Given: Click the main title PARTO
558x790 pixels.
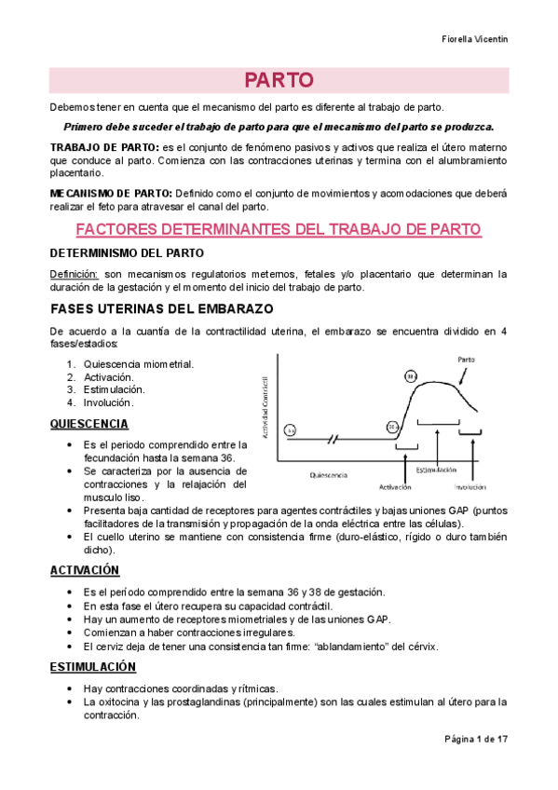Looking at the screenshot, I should click(279, 79).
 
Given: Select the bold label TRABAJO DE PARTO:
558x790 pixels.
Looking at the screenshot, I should click(103, 147).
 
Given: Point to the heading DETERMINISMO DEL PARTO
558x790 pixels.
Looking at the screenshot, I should click(126, 252).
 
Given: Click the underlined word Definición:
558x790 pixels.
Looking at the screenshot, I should click(74, 274).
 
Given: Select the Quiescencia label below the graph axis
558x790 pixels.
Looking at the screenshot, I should click(328, 475).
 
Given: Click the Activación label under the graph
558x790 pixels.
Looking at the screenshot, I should click(396, 486).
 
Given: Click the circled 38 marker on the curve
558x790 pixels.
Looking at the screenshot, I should click(411, 376).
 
